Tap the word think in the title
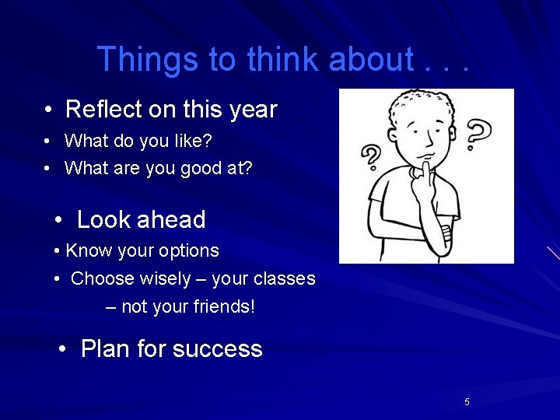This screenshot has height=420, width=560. [x=284, y=59]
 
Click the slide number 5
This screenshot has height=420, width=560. [x=467, y=402]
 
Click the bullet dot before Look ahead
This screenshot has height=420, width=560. [x=60, y=221]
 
